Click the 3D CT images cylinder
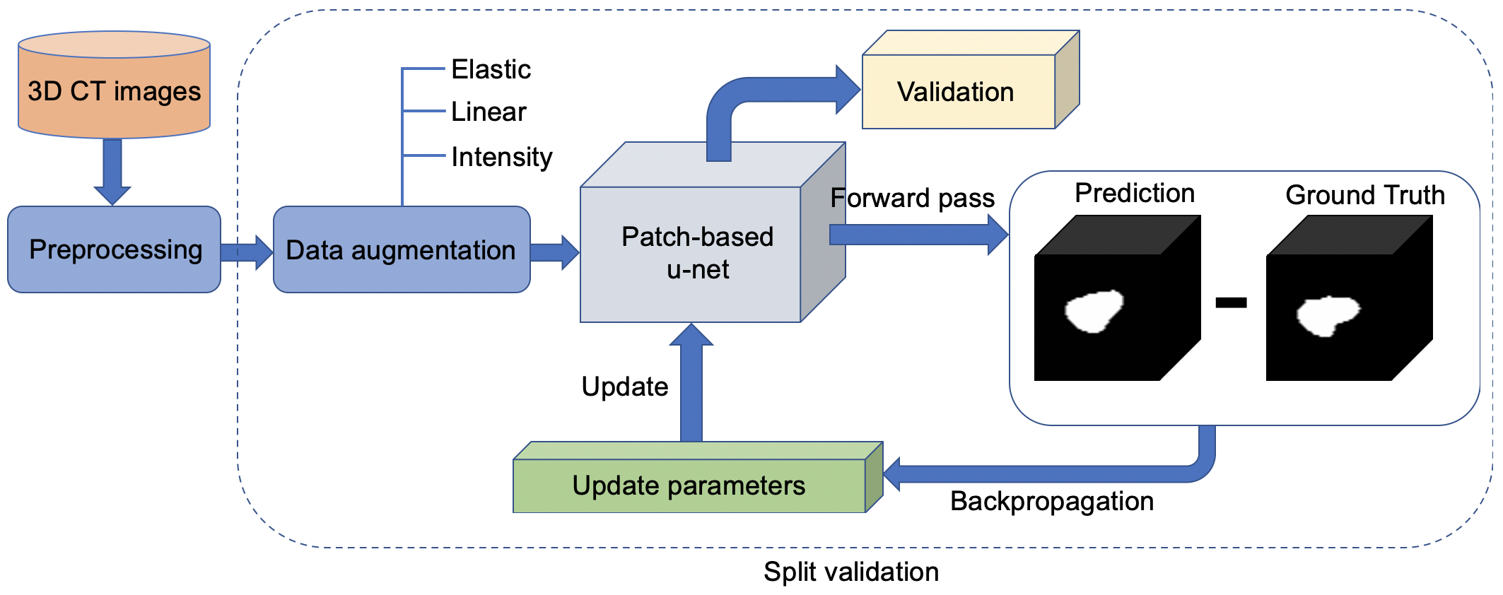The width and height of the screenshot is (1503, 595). click(x=114, y=85)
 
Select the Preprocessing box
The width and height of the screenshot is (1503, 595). click(x=114, y=249)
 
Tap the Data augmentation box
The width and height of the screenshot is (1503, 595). click(x=402, y=249)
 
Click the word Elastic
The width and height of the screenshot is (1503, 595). click(x=491, y=69)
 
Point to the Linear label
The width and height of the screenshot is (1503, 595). click(x=489, y=112)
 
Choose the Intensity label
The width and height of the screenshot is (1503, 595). click(x=501, y=157)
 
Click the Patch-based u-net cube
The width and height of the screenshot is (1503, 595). click(x=713, y=232)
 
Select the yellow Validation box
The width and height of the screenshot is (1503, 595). click(x=971, y=80)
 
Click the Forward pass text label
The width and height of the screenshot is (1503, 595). click(x=912, y=199)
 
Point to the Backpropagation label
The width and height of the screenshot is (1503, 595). click(x=1052, y=501)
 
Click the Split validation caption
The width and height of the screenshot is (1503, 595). click(x=851, y=572)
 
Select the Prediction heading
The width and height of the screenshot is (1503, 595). click(x=1135, y=193)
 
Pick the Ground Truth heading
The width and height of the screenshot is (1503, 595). click(x=1365, y=195)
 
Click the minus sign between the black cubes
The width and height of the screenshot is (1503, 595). click(x=1231, y=302)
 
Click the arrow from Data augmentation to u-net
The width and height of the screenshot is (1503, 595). click(x=555, y=252)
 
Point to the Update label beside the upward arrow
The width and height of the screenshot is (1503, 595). click(x=625, y=387)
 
